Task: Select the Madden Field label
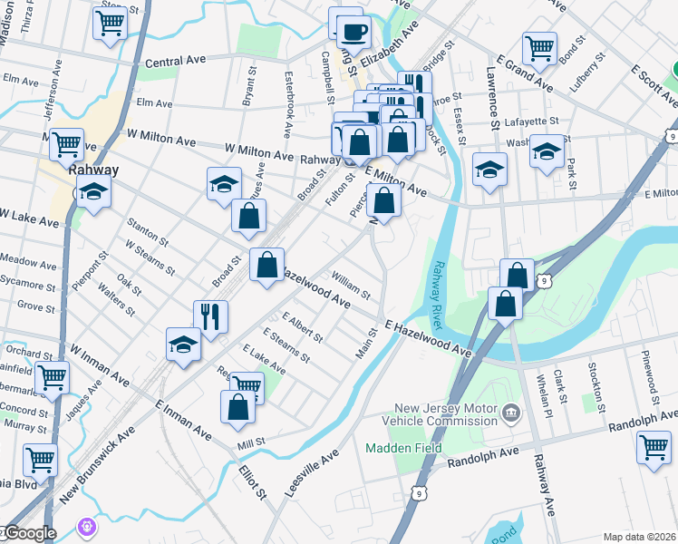403,448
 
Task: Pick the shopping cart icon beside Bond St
539,46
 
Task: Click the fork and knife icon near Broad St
210,316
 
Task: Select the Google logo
29,533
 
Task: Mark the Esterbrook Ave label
289,104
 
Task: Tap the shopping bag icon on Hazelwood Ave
266,266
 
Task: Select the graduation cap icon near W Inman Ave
183,345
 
